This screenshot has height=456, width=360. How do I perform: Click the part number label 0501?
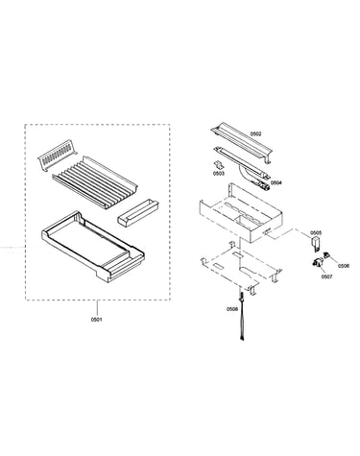(x=96, y=320)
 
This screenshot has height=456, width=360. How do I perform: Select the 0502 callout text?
(x=255, y=133)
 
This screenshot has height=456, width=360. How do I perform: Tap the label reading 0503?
(x=219, y=173)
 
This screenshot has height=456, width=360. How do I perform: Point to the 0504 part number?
(x=276, y=182)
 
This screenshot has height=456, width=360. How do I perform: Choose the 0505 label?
(x=316, y=232)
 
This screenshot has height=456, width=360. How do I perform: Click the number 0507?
(x=326, y=276)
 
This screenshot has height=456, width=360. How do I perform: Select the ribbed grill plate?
(x=95, y=182)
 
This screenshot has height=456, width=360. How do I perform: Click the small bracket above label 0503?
(x=218, y=165)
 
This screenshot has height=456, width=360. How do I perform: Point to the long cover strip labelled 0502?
(x=242, y=144)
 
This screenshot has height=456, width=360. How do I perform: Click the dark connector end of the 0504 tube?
(x=265, y=186)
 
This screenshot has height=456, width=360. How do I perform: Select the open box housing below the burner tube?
(x=241, y=213)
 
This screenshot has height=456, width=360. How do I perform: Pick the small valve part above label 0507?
(x=317, y=263)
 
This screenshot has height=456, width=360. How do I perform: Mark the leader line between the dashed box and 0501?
(x=96, y=308)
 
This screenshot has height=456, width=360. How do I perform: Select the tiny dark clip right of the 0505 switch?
(x=327, y=255)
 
